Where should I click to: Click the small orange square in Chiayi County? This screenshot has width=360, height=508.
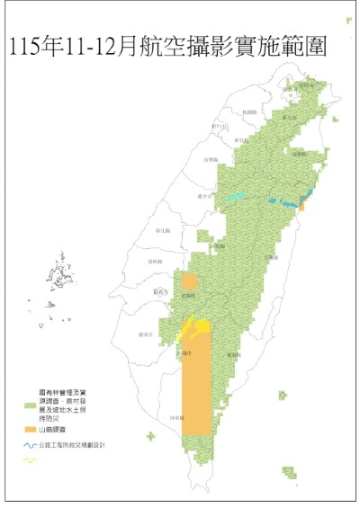pyautogui.click(x=189, y=281)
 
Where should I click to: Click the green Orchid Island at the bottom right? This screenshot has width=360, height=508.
pyautogui.click(x=288, y=472)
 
